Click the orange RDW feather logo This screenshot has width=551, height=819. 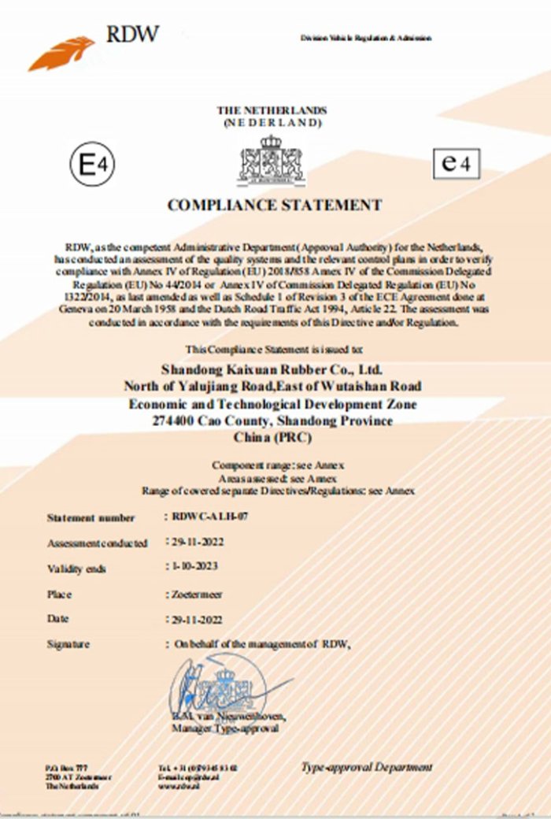(61, 53)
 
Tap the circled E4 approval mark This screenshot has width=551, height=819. (92, 165)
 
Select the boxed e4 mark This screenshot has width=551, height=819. (457, 164)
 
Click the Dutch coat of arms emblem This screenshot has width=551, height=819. (272, 161)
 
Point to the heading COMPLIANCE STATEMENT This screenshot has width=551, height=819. (275, 206)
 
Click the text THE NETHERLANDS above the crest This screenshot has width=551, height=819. (272, 111)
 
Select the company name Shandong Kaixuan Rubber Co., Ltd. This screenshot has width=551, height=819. (272, 369)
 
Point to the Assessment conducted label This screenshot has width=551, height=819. (97, 543)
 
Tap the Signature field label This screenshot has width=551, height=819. (68, 644)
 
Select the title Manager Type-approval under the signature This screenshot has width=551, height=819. (224, 729)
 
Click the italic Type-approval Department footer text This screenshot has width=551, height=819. (367, 766)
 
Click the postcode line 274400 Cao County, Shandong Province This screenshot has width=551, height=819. (272, 421)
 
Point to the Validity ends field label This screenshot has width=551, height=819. (76, 569)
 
